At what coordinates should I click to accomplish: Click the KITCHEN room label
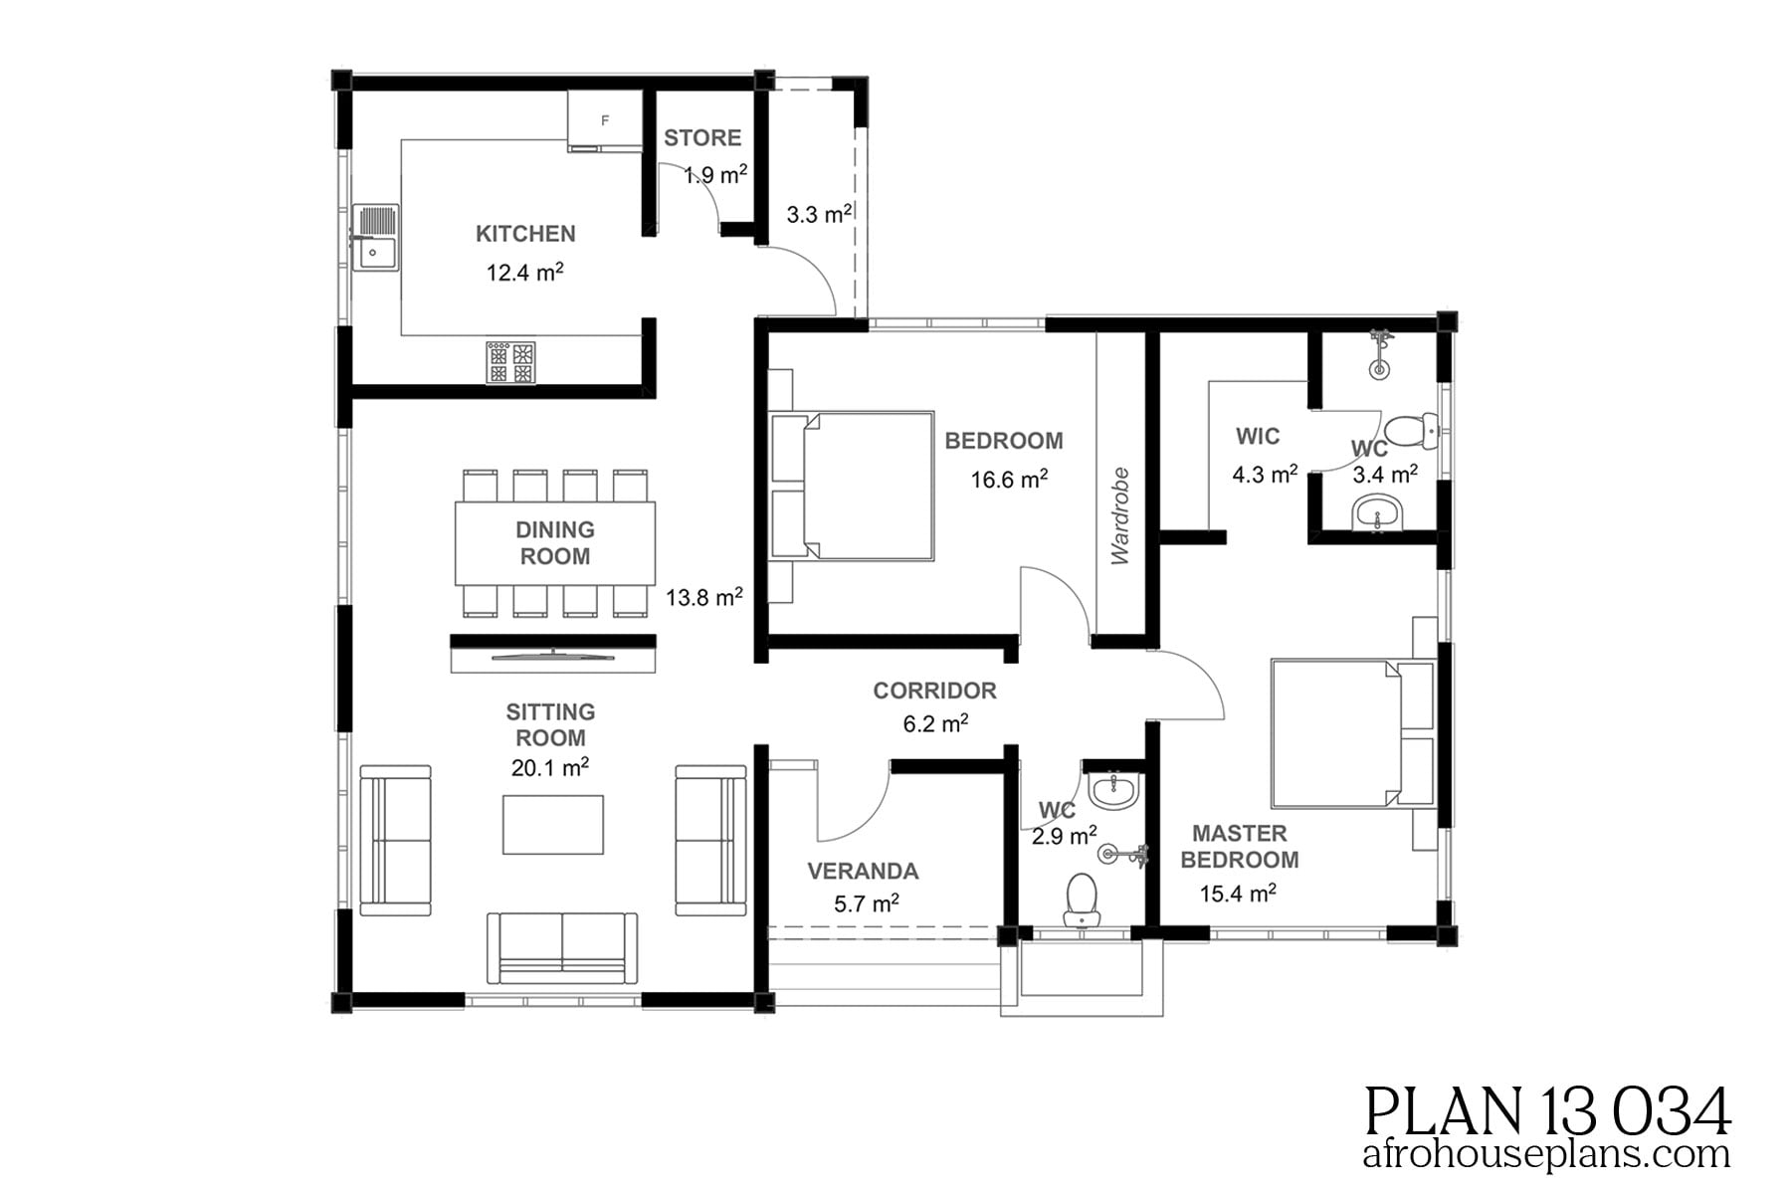tap(525, 234)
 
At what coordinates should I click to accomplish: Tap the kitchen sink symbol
tap(375, 238)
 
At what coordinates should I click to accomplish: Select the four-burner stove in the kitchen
tap(510, 362)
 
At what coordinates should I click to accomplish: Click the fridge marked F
tap(604, 120)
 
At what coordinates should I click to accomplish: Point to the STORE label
tap(702, 138)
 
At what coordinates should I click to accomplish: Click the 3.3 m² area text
tap(818, 214)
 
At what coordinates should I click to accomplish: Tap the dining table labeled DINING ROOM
tap(555, 543)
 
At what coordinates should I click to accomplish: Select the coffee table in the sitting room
tap(552, 824)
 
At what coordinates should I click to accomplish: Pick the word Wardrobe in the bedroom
tap(1120, 515)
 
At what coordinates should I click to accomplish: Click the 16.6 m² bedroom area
tap(1009, 480)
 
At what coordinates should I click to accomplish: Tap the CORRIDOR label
tap(934, 691)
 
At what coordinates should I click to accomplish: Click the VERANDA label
tap(862, 872)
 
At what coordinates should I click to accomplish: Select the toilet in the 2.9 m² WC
tap(1081, 897)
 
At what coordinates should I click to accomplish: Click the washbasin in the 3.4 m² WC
tap(1378, 515)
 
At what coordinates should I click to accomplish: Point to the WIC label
tap(1258, 436)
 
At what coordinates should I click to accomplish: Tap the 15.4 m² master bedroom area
tap(1237, 894)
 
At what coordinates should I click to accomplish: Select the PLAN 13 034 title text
tap(1547, 1111)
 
